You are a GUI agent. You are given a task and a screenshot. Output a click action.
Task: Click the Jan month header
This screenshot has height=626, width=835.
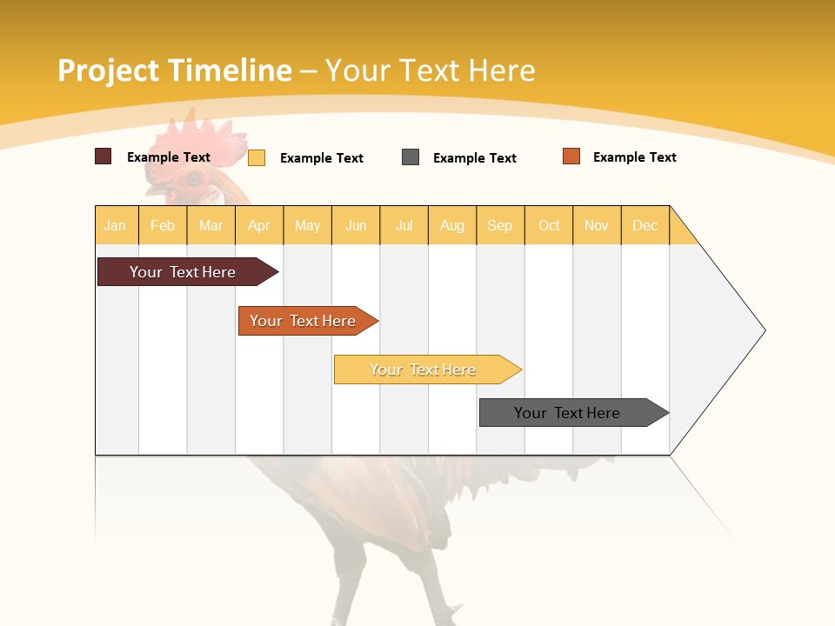[115, 226]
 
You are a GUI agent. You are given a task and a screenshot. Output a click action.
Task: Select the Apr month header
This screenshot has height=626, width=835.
[259, 226]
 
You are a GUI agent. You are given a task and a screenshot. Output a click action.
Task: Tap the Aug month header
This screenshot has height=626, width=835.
[452, 226]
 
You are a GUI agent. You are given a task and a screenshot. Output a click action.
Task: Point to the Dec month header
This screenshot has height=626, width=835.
[645, 226]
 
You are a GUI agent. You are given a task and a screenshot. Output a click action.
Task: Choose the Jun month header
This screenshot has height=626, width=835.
[356, 226]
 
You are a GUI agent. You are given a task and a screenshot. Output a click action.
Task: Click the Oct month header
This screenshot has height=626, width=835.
[549, 226]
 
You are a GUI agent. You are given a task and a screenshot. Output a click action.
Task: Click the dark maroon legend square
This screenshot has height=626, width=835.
[104, 156]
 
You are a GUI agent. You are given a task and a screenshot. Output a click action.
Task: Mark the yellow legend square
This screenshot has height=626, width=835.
[257, 157]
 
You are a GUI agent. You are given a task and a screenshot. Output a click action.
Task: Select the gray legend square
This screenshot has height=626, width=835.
[411, 157]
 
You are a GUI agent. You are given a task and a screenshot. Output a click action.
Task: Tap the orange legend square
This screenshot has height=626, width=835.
[571, 156]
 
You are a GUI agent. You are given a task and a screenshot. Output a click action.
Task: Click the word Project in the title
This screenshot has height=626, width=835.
[109, 70]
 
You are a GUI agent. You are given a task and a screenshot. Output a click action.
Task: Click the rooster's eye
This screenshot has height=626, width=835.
[192, 179]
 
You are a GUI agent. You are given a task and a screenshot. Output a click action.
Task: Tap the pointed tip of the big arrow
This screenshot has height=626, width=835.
[764, 330]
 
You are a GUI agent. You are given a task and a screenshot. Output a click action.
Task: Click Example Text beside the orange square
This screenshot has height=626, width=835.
[634, 157]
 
